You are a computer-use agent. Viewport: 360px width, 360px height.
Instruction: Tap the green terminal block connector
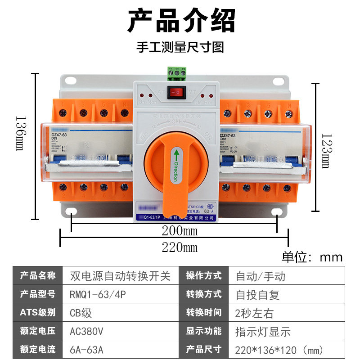176,71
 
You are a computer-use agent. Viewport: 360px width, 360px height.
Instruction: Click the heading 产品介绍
180,21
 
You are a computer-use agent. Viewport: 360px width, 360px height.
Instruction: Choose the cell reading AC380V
87,331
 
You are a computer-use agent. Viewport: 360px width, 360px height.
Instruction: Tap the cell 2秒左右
254,313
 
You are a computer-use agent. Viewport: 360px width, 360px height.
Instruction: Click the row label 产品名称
38,275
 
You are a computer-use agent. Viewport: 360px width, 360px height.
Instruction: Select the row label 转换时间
204,313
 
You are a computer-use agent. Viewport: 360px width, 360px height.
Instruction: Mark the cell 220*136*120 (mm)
279,350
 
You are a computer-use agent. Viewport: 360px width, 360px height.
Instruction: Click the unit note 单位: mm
312,257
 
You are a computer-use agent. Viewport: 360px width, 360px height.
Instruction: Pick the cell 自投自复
257,294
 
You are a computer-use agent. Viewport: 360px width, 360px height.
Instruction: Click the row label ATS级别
38,313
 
